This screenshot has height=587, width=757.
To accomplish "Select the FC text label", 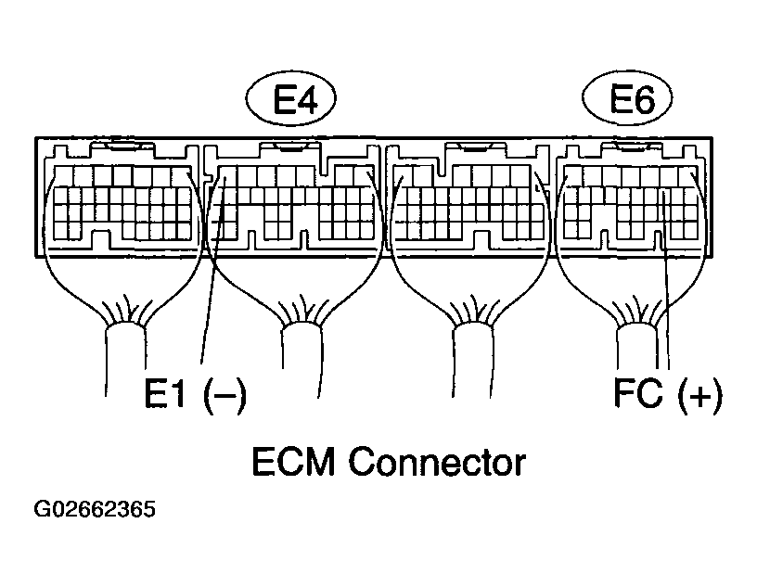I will (637, 393).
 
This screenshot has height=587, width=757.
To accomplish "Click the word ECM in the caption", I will (293, 461).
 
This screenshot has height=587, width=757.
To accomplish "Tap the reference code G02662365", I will (95, 510).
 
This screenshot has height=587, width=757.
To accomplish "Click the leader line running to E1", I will (206, 297).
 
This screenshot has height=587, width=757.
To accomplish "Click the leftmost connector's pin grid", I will (121, 201).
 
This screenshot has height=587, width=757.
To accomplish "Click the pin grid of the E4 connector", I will (292, 201).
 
